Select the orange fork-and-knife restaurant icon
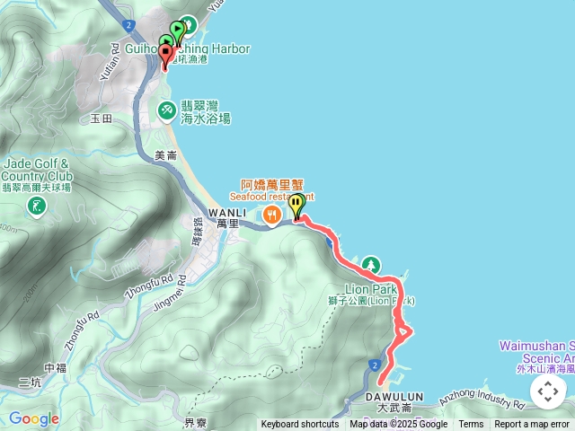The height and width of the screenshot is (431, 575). tap(270, 213)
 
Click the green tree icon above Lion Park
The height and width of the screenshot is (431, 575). tap(371, 264)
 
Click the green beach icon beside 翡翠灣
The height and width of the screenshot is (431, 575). tap(166, 110)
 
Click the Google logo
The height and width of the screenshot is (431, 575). tap(33, 418)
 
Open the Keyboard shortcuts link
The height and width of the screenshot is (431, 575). tap(300, 425)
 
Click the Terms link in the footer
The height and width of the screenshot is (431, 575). tap(471, 425)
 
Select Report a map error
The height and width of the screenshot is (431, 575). tap(532, 425)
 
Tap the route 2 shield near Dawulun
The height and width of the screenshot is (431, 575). tap(372, 364)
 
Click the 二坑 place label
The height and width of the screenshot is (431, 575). tap(30, 383)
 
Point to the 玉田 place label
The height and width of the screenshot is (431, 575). tap(102, 118)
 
